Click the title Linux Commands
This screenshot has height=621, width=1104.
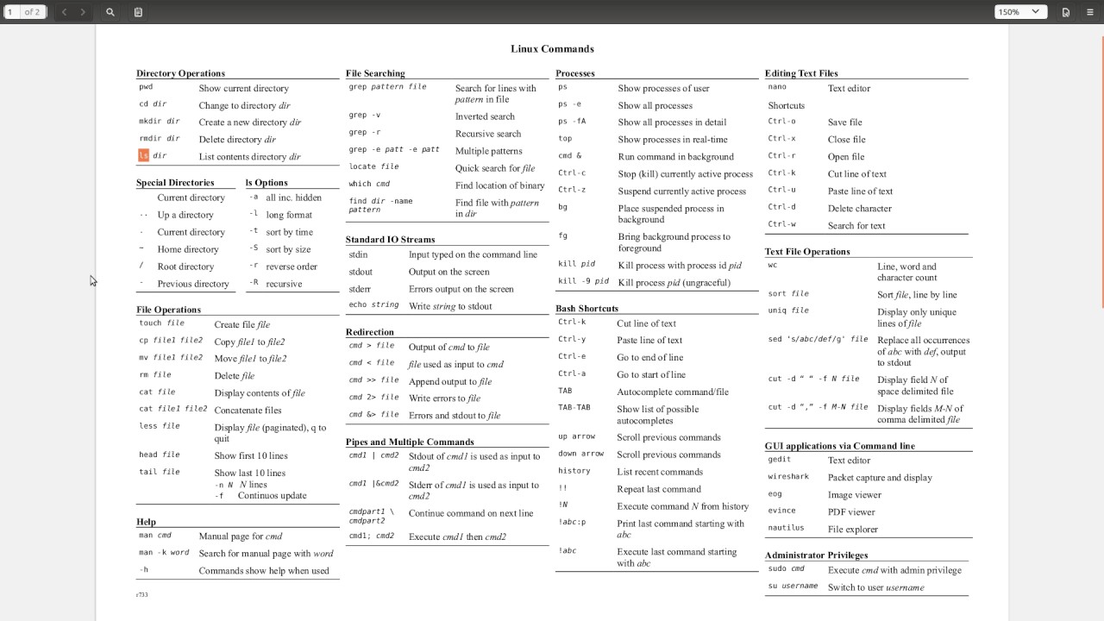(x=552, y=49)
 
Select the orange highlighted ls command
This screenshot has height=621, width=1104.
(x=143, y=156)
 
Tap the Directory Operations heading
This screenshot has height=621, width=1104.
(x=180, y=73)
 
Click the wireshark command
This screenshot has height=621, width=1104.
(x=788, y=477)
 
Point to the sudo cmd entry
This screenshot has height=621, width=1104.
(x=786, y=569)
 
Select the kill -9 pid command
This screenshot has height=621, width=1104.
(x=583, y=282)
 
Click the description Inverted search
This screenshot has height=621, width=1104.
(x=485, y=116)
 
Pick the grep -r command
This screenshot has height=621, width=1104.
(x=364, y=133)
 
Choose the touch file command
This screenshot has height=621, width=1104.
(x=161, y=323)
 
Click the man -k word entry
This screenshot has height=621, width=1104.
(x=164, y=553)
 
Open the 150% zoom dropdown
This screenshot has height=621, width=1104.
(x=1021, y=12)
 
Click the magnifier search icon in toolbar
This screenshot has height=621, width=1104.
(x=110, y=12)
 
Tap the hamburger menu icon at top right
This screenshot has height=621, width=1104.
(x=1090, y=12)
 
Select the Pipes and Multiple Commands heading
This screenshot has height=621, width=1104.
(x=410, y=442)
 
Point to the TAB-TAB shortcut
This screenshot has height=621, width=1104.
(x=574, y=408)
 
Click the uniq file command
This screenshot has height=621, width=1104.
(x=788, y=310)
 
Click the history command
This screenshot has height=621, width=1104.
(x=574, y=471)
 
